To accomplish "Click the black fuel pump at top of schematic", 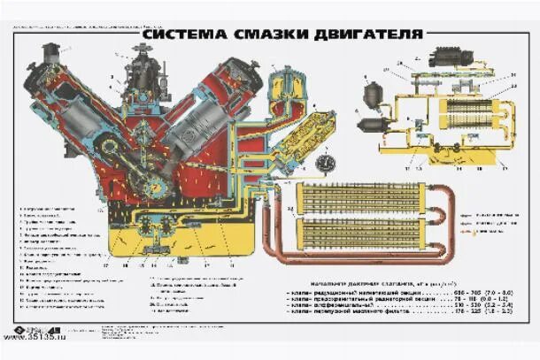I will click(x=444, y=57).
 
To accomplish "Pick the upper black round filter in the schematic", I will click(x=374, y=92).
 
